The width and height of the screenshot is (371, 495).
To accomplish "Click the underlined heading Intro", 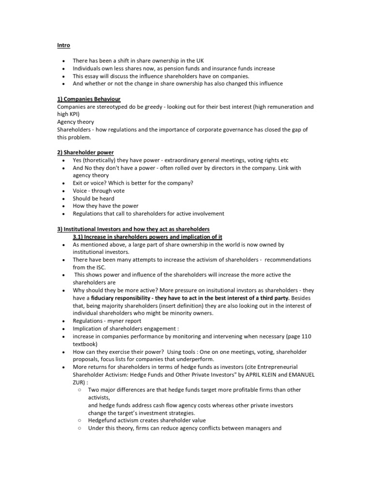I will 63,45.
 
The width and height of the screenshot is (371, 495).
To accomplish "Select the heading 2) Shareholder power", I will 85,152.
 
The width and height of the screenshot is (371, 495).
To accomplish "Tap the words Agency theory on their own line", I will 75,122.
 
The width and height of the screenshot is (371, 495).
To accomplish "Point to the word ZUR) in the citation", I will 80,381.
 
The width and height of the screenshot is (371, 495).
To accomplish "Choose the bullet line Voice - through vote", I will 99,190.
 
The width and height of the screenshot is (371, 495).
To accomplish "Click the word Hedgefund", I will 103,420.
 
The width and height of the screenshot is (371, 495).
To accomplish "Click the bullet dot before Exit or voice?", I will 63,183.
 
